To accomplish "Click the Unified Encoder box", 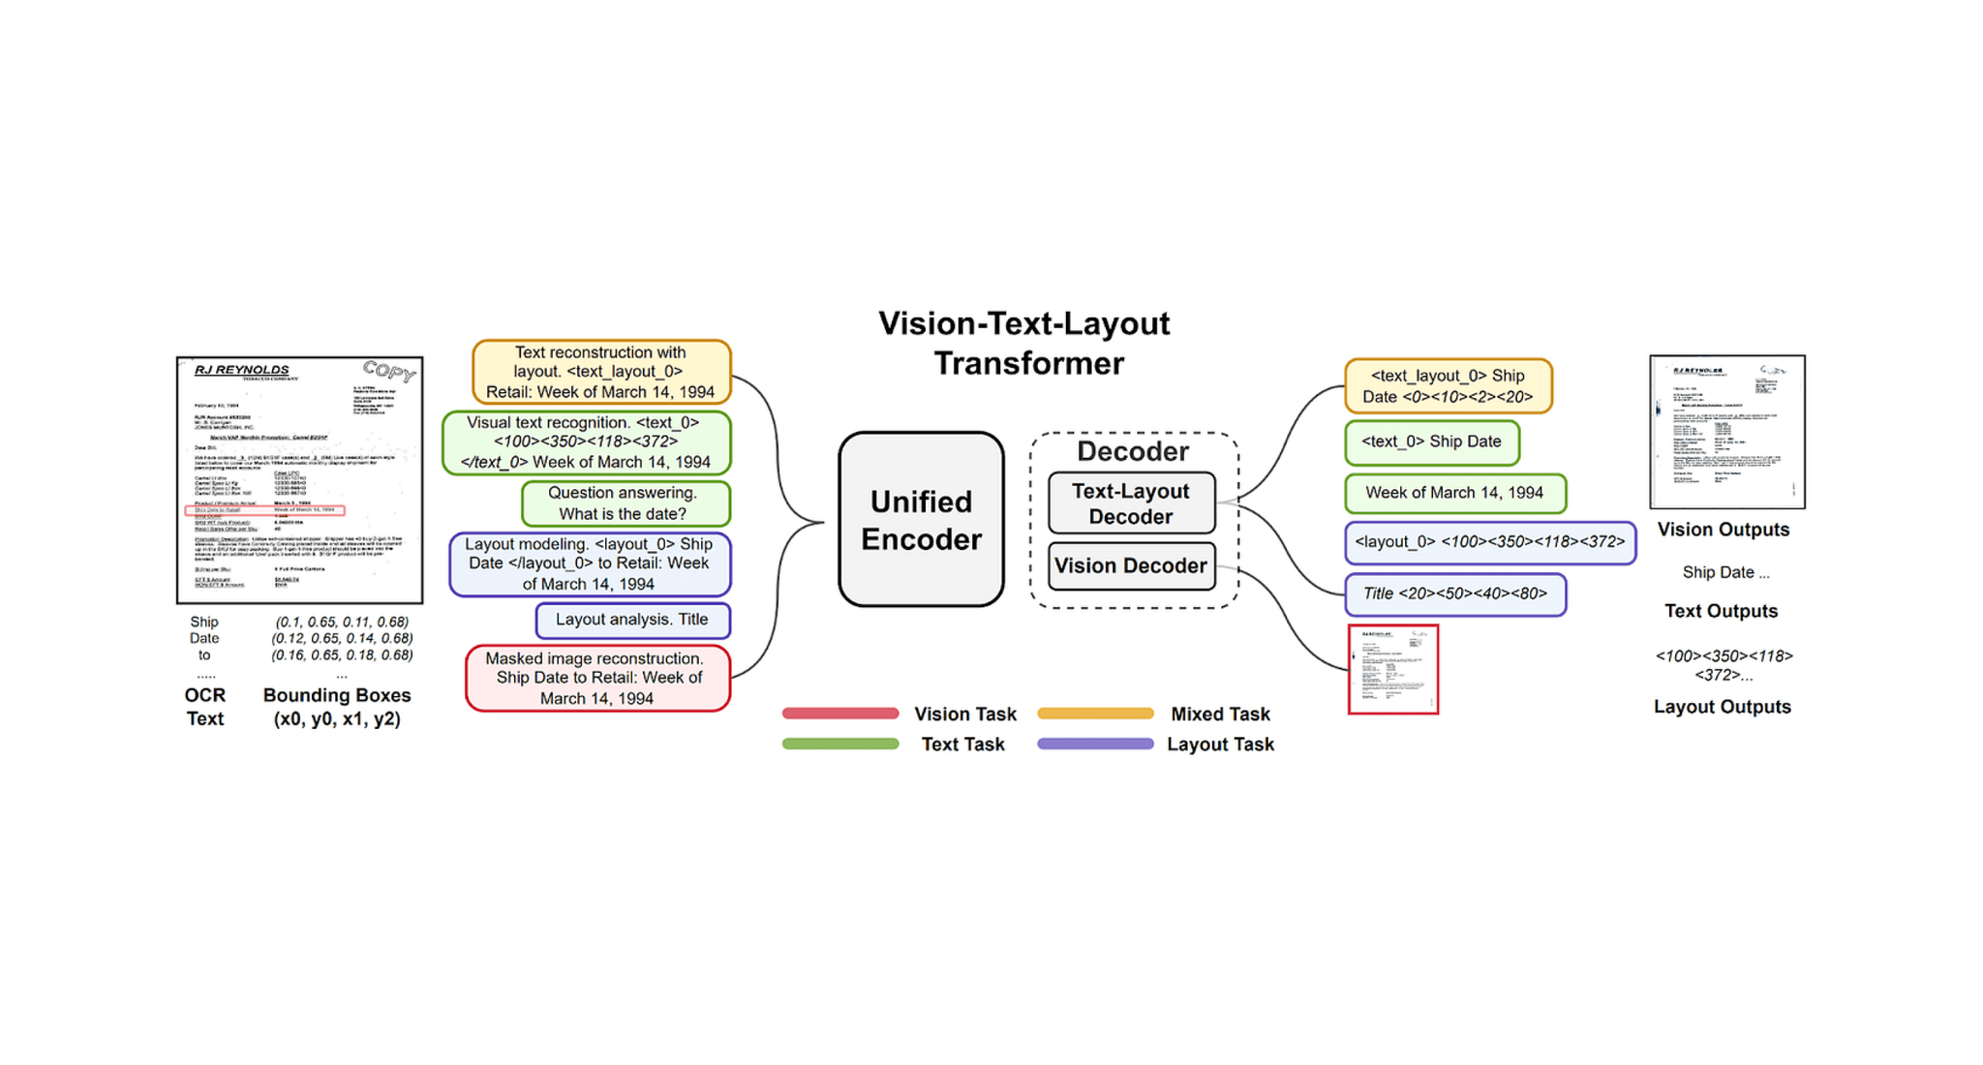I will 921,520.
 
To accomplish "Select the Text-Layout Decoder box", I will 1131,503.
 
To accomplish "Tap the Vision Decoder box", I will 1131,566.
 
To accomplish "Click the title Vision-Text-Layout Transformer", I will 1025,343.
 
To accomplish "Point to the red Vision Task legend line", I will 840,714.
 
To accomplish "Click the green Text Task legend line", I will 840,745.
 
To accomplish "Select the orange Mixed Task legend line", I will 1095,714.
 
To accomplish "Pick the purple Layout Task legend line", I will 1095,745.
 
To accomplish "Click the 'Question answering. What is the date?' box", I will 625,503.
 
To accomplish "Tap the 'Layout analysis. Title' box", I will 632,620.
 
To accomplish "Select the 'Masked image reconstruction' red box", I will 597,678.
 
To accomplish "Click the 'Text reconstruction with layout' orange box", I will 601,372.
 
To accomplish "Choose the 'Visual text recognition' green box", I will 586,442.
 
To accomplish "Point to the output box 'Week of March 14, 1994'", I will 1454,493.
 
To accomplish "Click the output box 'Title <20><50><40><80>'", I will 1454,593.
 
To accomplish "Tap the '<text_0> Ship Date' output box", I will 1431,441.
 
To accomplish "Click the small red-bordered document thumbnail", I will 1392,669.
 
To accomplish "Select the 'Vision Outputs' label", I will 1724,530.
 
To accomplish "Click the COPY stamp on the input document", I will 389,371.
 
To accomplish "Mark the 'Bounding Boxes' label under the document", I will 337,695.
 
